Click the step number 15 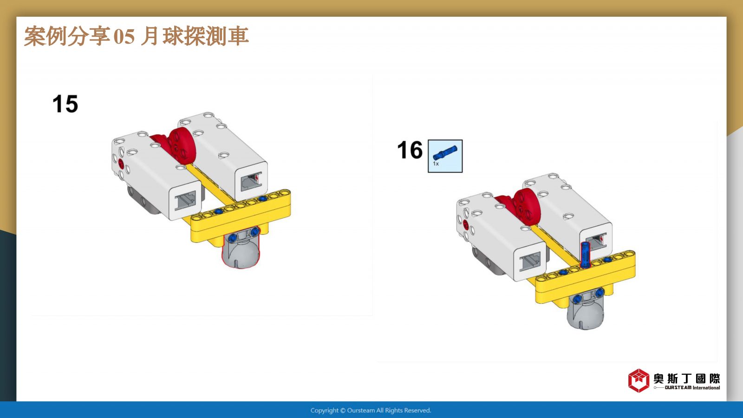tap(65, 104)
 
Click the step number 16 tap(410, 150)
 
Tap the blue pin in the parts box tap(445, 153)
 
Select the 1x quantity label tap(436, 164)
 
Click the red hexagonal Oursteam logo tap(639, 380)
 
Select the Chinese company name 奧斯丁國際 tap(687, 379)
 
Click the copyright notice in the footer tap(371, 411)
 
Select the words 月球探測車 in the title tap(195, 36)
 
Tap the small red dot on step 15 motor tap(121, 163)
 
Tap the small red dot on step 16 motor tap(465, 224)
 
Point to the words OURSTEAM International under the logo tap(692, 387)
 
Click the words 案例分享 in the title tap(67, 36)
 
